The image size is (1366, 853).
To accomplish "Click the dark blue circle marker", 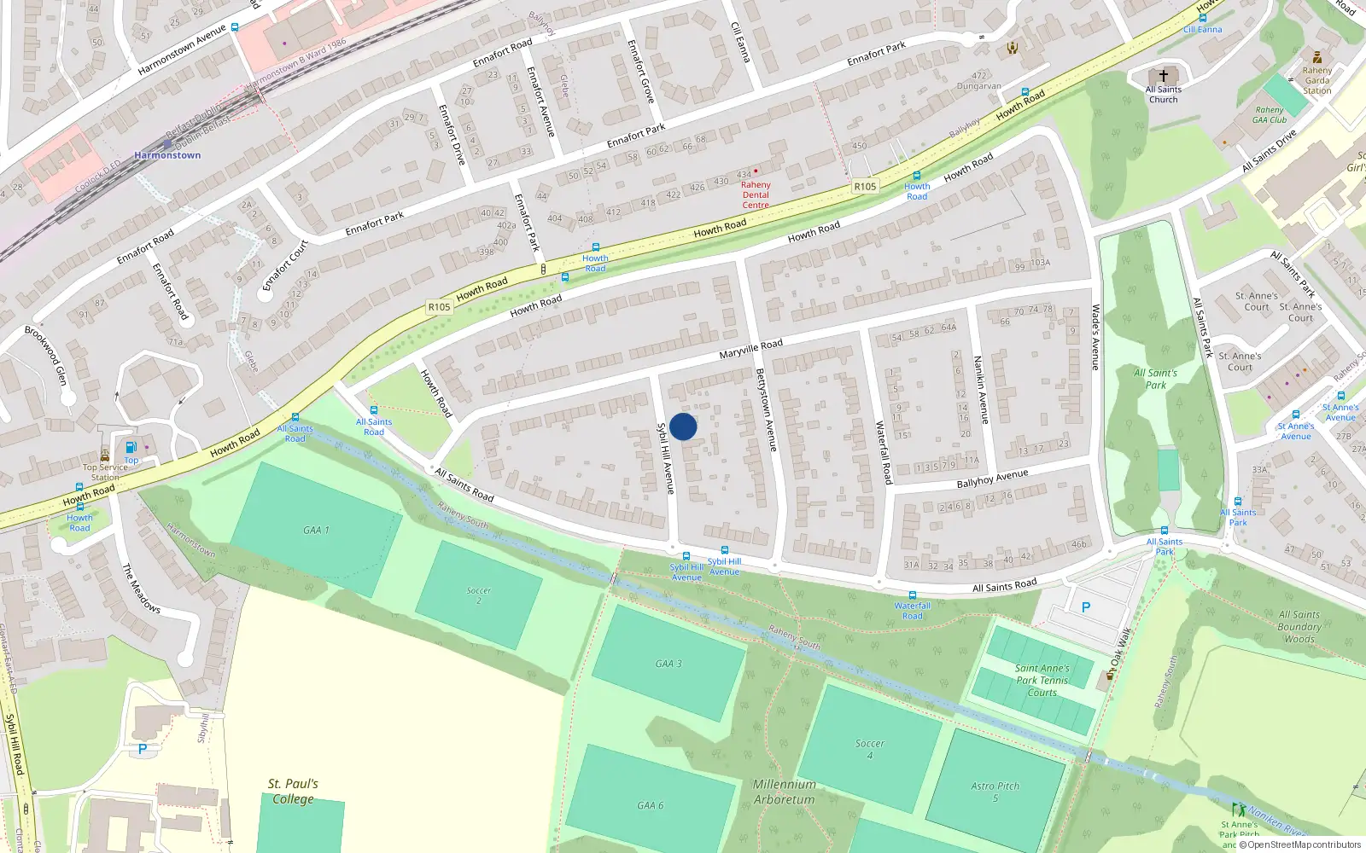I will [x=683, y=426].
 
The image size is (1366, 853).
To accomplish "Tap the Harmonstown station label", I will [x=167, y=155].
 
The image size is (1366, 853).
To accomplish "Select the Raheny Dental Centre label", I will [x=756, y=194].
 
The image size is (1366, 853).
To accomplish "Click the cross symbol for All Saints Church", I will [x=1163, y=76].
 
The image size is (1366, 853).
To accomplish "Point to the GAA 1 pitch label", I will [x=316, y=530].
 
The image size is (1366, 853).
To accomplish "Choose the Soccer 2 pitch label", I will [x=479, y=595].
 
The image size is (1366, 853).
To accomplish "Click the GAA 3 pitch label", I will [x=668, y=664].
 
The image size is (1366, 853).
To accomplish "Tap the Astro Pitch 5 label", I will [x=995, y=792].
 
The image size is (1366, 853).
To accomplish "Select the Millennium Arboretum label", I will [x=784, y=792].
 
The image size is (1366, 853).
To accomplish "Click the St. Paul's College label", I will [x=293, y=791].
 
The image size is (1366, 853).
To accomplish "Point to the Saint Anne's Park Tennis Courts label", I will [x=1042, y=681].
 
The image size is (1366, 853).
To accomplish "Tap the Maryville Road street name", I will [x=750, y=349].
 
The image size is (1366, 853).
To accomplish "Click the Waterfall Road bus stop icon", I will [x=912, y=595].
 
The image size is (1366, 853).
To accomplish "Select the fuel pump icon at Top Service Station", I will [x=131, y=447].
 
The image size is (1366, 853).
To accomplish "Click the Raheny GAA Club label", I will [x=1270, y=115].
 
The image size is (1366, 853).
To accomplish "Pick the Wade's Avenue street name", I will [x=1096, y=337].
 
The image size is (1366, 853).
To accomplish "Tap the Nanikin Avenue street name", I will [x=982, y=389].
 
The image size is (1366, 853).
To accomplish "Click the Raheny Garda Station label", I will [x=1316, y=80].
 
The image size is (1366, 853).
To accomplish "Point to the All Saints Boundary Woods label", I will [x=1299, y=626].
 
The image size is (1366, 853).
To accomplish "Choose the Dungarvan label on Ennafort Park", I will [x=978, y=86].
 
